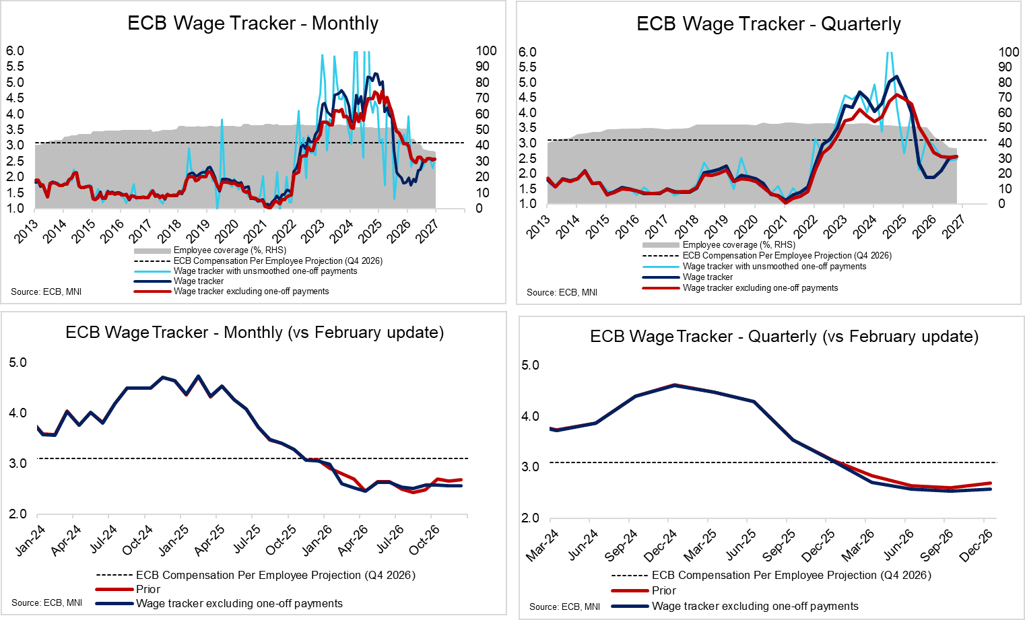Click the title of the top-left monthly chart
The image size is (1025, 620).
[x=253, y=23]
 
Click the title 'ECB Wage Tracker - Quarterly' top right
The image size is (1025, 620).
[x=768, y=24]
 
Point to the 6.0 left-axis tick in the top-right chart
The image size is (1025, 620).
[x=527, y=52]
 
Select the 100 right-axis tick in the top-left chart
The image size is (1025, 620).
[x=486, y=50]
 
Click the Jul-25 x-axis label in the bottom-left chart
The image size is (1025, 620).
[x=246, y=539]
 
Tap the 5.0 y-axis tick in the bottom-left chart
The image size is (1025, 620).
[x=18, y=362]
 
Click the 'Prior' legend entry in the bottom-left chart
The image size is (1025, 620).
[x=148, y=589]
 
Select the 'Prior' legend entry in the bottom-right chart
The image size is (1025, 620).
[x=663, y=590]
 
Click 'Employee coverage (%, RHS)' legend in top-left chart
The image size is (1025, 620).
[x=230, y=250]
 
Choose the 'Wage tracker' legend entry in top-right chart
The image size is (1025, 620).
[x=707, y=277]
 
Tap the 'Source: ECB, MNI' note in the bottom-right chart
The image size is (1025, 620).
[x=564, y=607]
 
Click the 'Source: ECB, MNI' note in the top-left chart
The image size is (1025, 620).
[x=46, y=291]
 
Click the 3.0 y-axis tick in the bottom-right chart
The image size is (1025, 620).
[x=531, y=467]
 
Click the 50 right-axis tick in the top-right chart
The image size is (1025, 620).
[x=1004, y=127]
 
